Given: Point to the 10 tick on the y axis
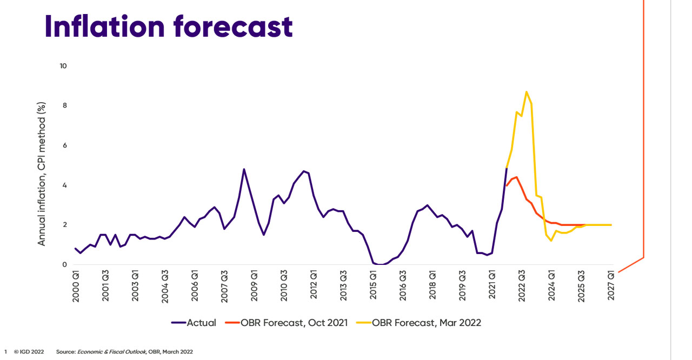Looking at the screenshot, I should point(63,66).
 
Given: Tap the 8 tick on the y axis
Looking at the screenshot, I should point(64,106).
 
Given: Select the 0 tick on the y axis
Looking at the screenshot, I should point(64,265).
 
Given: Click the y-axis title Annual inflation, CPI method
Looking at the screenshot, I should point(42,174).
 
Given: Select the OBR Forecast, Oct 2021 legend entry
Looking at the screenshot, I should point(287,323).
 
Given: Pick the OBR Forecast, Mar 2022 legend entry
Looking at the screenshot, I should point(419,323).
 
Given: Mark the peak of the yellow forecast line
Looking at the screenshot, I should point(527,91).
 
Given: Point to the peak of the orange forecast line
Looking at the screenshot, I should point(516,177).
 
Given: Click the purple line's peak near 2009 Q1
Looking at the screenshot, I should point(244,169).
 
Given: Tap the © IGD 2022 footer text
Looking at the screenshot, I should point(29,351).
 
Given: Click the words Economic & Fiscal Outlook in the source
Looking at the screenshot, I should point(111,351).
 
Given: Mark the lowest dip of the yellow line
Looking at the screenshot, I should point(551,241).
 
